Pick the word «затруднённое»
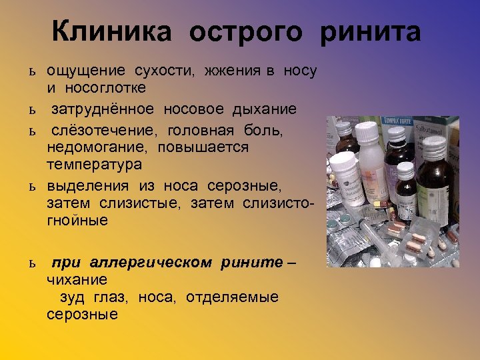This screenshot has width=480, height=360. click(103, 109)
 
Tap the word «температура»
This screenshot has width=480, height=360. click(95, 163)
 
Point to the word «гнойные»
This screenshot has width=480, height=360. click(77, 219)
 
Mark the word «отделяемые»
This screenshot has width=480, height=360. click(233, 297)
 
